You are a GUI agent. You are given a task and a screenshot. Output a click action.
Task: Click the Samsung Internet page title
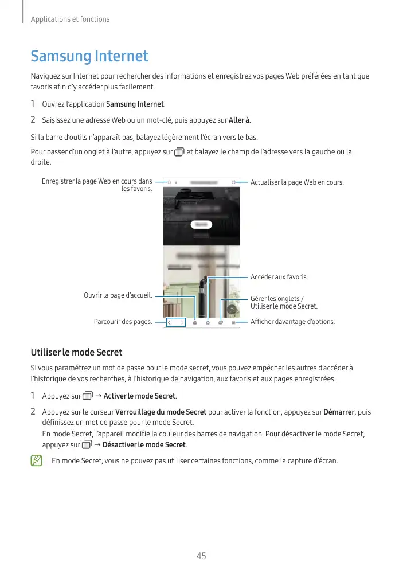pos(89,56)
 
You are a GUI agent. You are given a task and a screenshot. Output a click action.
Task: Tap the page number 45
pos(201,556)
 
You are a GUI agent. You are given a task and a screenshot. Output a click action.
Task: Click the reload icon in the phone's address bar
pos(233,182)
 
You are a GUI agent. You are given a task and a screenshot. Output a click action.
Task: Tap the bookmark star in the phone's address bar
pos(169,182)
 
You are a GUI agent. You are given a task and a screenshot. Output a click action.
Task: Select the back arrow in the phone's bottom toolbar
pos(170,322)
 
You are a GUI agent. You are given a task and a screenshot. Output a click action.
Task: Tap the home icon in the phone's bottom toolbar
pos(195,322)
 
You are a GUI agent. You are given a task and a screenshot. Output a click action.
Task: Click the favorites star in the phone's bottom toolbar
pos(208,322)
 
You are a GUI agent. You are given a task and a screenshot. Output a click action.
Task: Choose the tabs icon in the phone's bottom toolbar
pos(221,322)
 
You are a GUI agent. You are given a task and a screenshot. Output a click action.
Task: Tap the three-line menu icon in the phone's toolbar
pos(234,322)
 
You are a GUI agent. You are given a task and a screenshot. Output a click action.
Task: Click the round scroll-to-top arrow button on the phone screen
pos(232,309)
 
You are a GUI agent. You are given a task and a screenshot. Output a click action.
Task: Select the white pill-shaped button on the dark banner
pos(201,224)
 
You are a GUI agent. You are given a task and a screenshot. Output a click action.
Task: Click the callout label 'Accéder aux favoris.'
pos(279,277)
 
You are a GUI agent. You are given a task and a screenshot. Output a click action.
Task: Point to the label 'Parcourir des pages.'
pos(123,322)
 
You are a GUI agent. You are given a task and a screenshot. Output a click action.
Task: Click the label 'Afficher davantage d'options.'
pos(292,322)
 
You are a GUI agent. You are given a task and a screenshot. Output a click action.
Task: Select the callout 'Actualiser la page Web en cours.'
pos(297,182)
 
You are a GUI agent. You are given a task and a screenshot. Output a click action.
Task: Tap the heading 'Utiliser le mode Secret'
pos(76,352)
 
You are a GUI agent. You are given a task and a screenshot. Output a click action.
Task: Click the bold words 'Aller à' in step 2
pos(239,120)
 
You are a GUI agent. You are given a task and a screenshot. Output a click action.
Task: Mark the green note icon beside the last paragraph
pos(37,460)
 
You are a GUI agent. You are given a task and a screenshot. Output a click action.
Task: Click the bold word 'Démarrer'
pos(339,412)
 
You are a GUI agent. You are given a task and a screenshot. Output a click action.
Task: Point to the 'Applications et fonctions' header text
pos(70,19)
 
